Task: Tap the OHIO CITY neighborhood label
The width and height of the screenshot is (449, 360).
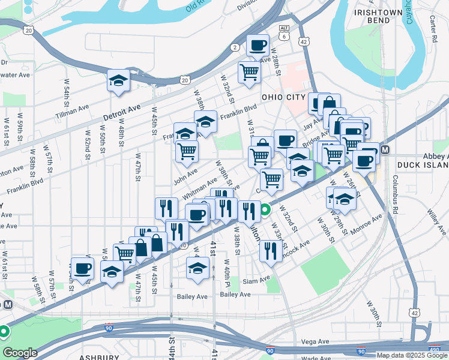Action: point(284,97)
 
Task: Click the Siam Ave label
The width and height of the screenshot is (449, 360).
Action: point(258,281)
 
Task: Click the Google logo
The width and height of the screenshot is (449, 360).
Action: point(19,353)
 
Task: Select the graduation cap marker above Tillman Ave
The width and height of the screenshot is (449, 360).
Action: point(119,80)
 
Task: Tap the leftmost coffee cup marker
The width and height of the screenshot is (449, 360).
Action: point(82,268)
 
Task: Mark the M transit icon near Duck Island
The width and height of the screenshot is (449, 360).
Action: point(385,150)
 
